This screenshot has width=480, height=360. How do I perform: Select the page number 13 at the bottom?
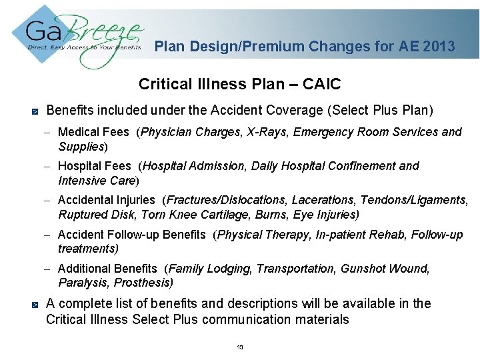point(240,348)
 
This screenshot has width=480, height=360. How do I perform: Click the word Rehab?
point(387,235)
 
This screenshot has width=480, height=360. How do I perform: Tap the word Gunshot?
point(361,269)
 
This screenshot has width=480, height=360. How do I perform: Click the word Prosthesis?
point(145,283)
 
